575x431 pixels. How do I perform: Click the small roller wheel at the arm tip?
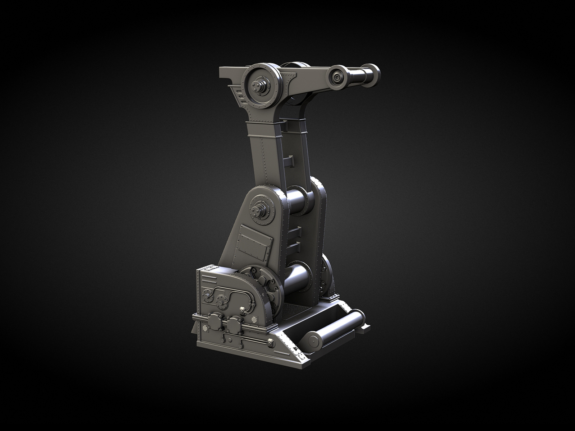click(x=337, y=76)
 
